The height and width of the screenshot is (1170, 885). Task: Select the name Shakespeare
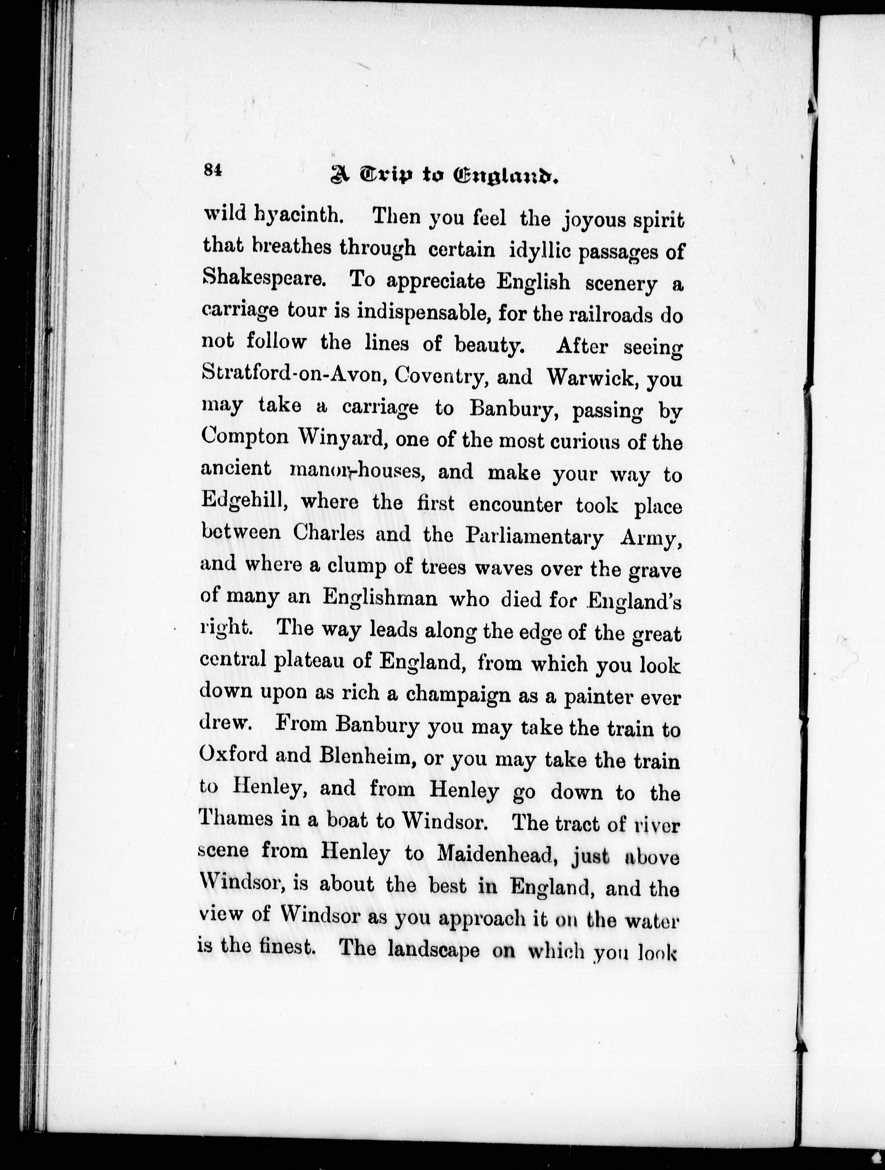tap(263, 277)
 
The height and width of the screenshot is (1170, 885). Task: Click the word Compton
tap(244, 437)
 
